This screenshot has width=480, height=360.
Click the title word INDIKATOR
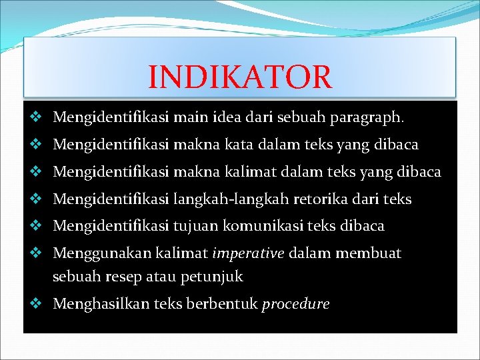pyautogui.click(x=239, y=77)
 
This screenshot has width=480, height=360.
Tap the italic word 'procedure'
pyautogui.click(x=296, y=305)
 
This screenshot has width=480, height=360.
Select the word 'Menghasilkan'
pyautogui.click(x=100, y=305)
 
